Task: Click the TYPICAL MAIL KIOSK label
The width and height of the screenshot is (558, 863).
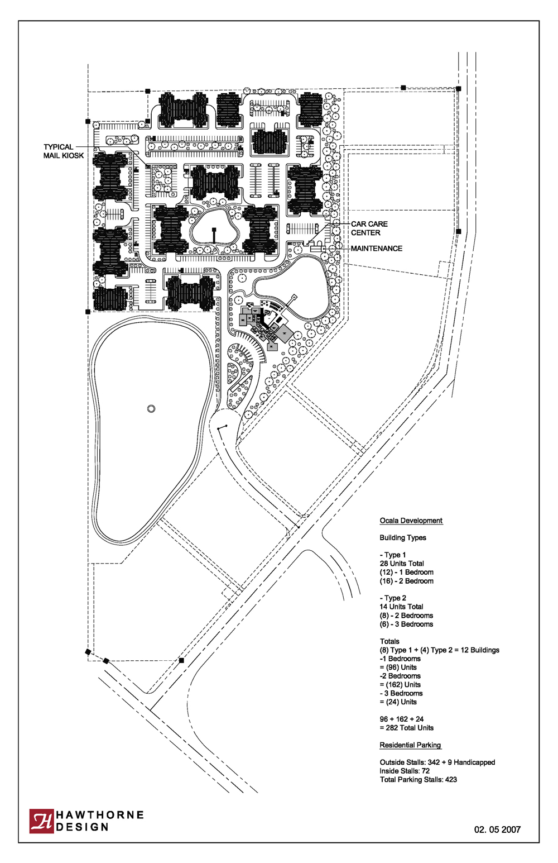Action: coord(64,151)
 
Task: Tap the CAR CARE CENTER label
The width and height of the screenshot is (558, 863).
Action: coord(369,228)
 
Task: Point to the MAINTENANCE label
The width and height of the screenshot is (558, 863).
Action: coord(376,249)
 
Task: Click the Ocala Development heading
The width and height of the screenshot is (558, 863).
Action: coord(411,521)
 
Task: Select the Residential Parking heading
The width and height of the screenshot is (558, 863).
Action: coord(410,745)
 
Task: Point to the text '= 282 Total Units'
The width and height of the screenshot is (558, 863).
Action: coord(406,728)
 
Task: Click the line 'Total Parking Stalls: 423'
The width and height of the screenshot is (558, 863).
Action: coord(419,779)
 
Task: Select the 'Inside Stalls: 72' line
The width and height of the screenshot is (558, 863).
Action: coord(405,770)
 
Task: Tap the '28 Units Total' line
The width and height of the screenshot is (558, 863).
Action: coord(402,563)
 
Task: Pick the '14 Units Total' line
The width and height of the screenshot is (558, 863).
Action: coord(401,607)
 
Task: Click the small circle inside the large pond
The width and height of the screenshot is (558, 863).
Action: coord(151,408)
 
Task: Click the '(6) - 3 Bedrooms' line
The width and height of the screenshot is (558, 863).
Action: coord(406,624)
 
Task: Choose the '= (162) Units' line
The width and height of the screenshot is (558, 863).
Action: coord(400,684)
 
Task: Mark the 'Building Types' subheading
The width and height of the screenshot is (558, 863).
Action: coord(403,537)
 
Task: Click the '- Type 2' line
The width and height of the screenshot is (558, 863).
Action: coord(393,598)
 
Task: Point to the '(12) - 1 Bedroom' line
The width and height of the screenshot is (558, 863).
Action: coord(406,572)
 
